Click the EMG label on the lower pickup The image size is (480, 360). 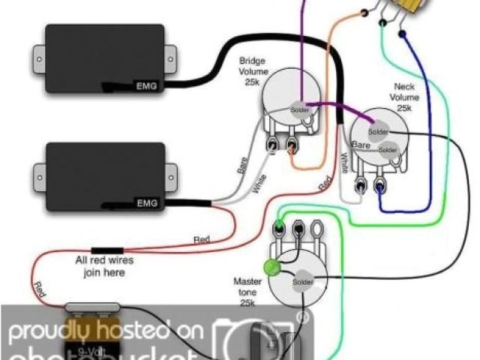(145, 202)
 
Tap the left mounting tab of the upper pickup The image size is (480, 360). (36, 53)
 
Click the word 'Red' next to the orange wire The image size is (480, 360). (325, 181)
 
